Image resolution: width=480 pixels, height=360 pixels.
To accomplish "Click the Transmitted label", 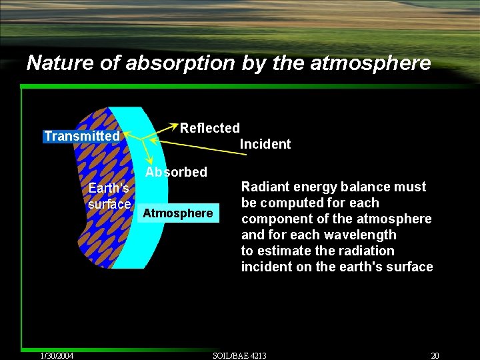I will (81, 137).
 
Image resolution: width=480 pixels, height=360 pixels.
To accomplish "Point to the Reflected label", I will (209, 127).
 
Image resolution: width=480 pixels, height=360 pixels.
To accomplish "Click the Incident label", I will (265, 144).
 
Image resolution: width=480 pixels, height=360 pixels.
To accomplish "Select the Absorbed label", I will (176, 172).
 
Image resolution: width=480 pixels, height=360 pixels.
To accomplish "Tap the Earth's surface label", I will (109, 196).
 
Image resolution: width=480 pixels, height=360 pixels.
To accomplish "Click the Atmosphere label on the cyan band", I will (178, 213).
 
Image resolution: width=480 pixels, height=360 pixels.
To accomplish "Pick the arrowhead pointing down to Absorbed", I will (153, 163).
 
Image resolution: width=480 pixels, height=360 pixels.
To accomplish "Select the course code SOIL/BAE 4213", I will (239, 355).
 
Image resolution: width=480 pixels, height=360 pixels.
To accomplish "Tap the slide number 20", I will (435, 355).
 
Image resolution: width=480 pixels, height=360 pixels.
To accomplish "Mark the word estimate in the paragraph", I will (286, 251).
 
